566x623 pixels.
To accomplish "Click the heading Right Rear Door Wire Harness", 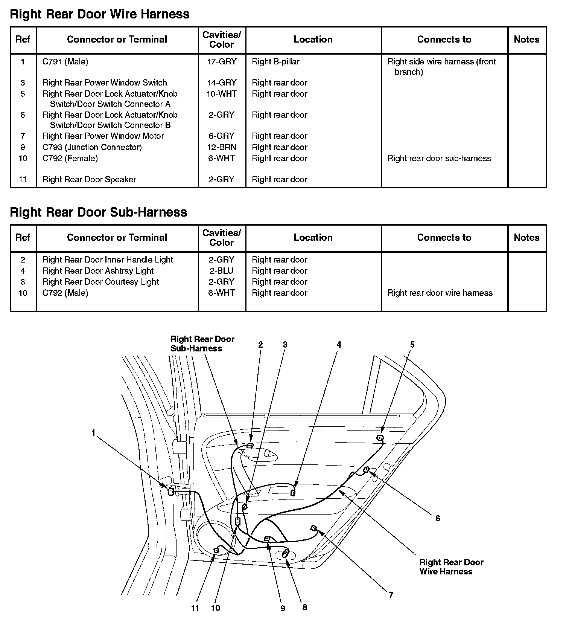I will pyautogui.click(x=99, y=14).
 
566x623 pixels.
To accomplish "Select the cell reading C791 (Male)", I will pyautogui.click(x=65, y=62).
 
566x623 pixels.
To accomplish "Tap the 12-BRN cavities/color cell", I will pyautogui.click(x=222, y=147).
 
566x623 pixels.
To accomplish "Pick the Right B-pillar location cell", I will pyautogui.click(x=275, y=62).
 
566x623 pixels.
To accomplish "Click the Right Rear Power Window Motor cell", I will pyautogui.click(x=103, y=136).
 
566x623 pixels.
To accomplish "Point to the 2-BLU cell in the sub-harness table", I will pyautogui.click(x=222, y=271).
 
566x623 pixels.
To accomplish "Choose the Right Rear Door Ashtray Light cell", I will pyautogui.click(x=98, y=271).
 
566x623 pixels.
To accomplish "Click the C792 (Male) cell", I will pyautogui.click(x=65, y=293).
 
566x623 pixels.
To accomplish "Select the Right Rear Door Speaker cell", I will pyautogui.click(x=89, y=180).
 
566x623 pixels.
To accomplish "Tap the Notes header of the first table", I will pyautogui.click(x=526, y=40).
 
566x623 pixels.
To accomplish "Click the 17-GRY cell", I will pyautogui.click(x=222, y=62).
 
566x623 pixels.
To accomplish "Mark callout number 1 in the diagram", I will pyautogui.click(x=93, y=433).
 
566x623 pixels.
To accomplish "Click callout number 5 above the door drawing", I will pyautogui.click(x=412, y=344).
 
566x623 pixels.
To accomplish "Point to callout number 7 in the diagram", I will pyautogui.click(x=391, y=595).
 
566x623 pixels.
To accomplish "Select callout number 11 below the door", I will pyautogui.click(x=195, y=608).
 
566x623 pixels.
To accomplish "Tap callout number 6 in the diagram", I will pyautogui.click(x=437, y=518).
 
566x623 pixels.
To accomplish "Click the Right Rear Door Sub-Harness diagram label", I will pyautogui.click(x=202, y=344).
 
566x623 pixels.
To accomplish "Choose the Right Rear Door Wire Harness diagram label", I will pyautogui.click(x=451, y=567).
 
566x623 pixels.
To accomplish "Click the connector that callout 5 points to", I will pyautogui.click(x=380, y=438).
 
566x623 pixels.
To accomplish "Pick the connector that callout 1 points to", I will pyautogui.click(x=170, y=492).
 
